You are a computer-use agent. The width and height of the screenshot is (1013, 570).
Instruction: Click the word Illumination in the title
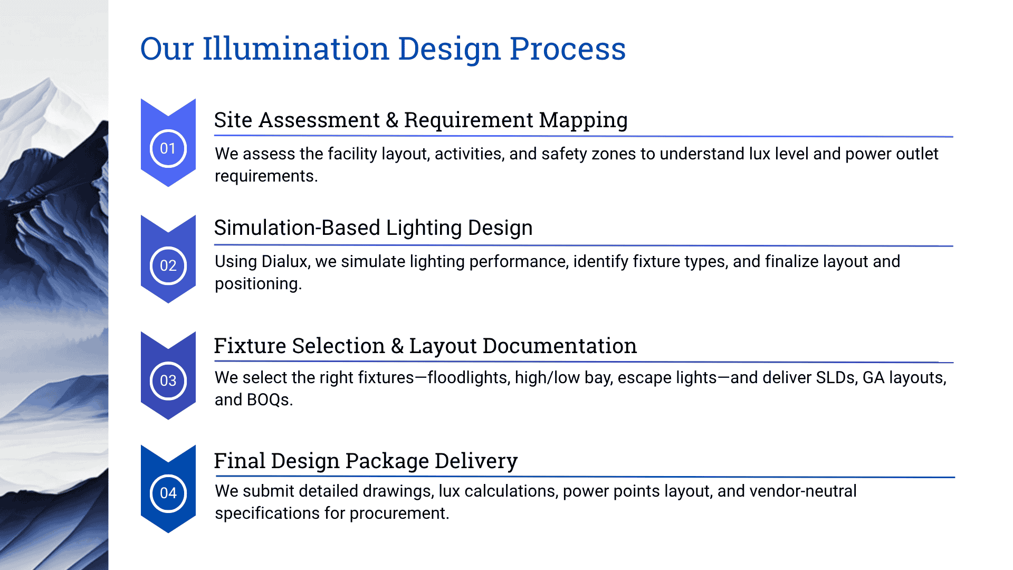point(296,49)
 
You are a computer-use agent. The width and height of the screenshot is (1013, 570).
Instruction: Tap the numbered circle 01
point(168,148)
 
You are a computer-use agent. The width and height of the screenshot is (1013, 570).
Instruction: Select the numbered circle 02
point(168,265)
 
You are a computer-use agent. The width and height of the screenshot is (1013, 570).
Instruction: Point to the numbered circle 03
point(168,381)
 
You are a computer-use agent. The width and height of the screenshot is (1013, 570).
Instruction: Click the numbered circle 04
point(168,493)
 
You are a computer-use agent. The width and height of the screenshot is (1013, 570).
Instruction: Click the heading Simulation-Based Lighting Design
point(373,228)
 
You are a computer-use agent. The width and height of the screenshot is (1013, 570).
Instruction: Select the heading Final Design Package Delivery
point(366,461)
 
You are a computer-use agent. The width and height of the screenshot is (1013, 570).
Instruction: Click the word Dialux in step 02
point(285,262)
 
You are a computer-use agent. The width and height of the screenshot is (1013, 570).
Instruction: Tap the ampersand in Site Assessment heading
point(392,120)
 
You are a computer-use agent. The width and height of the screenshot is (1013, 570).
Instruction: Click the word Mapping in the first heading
point(583,120)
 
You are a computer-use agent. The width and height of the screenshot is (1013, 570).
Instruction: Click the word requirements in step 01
point(265,176)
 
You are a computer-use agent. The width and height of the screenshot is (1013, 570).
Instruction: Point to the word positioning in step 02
point(257,284)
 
